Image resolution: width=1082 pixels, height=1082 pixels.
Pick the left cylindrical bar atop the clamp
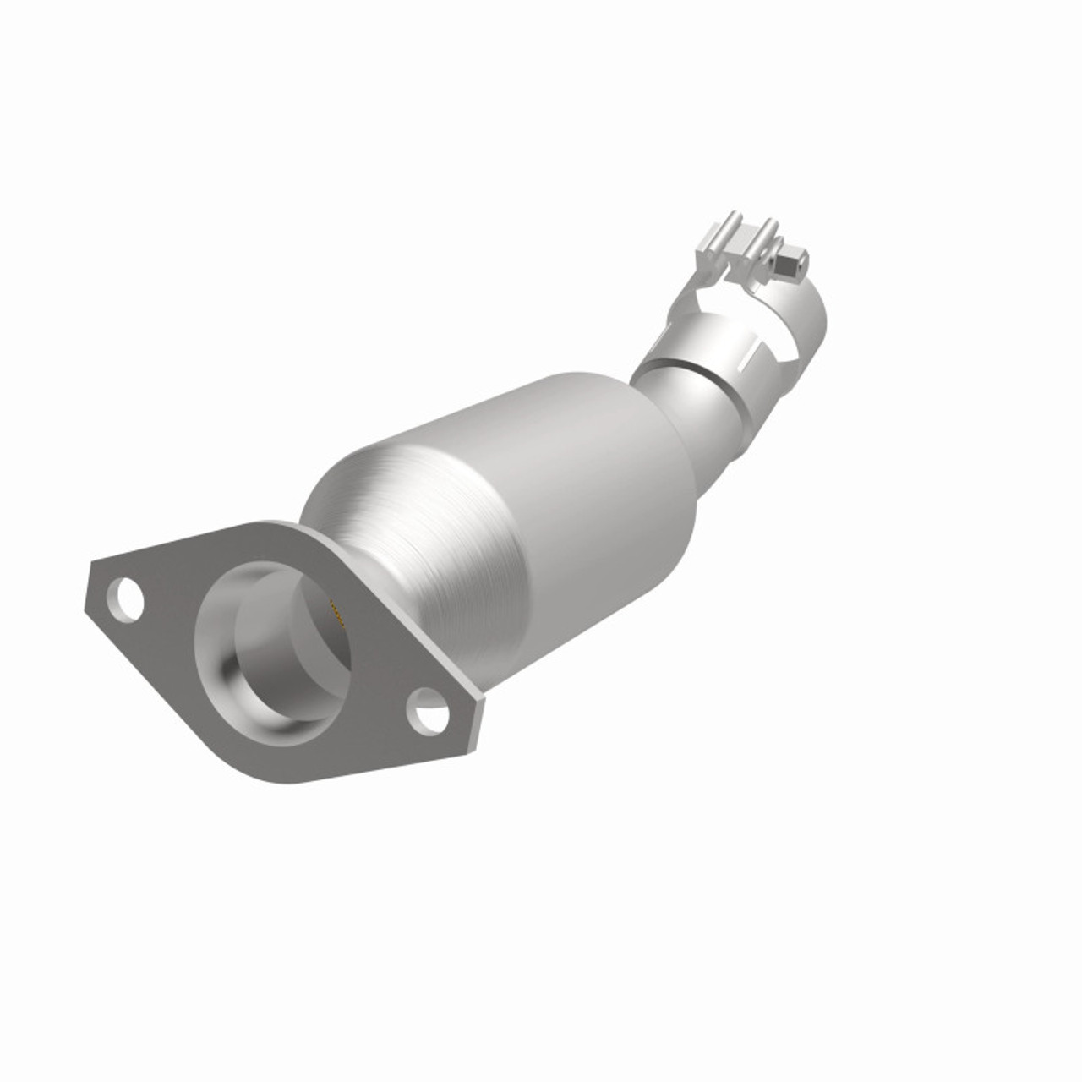729,233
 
